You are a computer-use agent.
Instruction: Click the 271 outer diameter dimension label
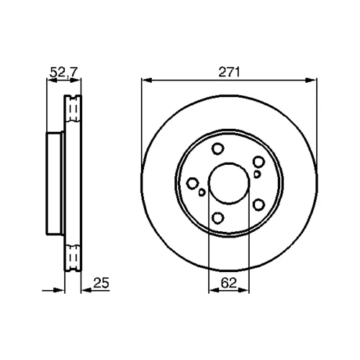tap(229, 72)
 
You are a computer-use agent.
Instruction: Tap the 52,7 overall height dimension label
tap(64, 72)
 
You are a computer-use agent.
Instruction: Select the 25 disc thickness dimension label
tap(101, 283)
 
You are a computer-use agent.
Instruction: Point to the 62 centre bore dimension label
tap(229, 283)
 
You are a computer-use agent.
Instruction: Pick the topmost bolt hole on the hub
tap(218, 149)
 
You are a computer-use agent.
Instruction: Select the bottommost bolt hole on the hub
tap(218, 218)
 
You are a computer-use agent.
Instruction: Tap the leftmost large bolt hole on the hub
tap(192, 184)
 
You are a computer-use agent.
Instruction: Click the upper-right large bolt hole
tap(259, 162)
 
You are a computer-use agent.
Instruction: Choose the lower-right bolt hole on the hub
tap(259, 205)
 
